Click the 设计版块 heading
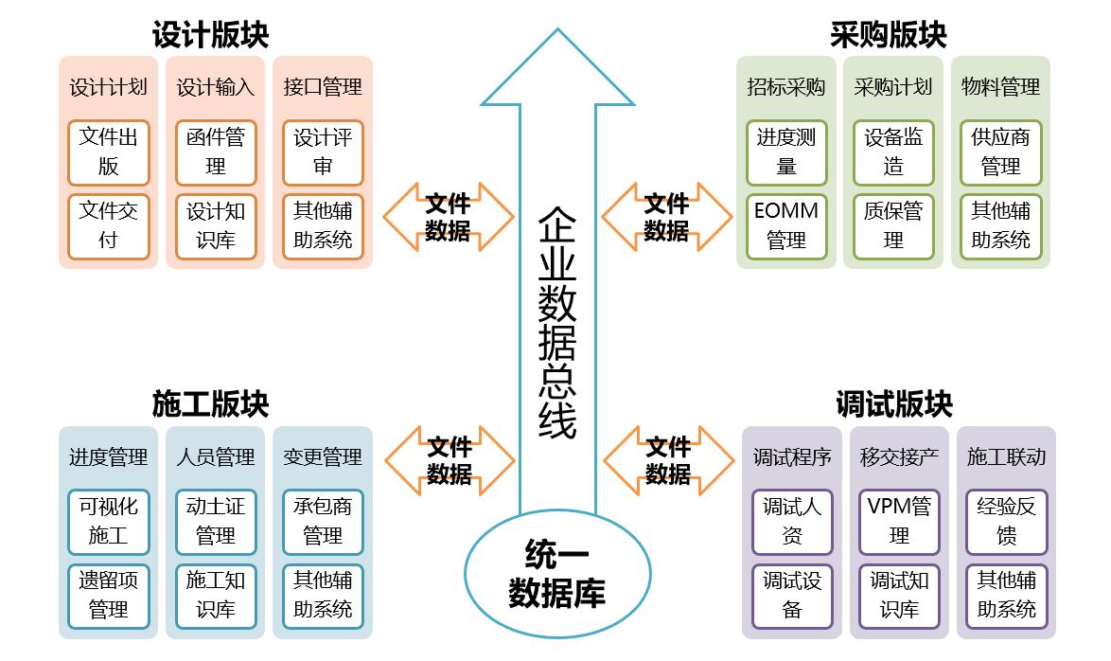pos(210,35)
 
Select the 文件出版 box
pos(109,152)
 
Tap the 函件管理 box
pos(216,152)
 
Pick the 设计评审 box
pos(323,152)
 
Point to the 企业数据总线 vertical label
pos(557,322)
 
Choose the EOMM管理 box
pos(786,225)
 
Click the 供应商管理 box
pos(1000,152)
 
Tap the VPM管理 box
pos(899,521)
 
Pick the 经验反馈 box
pos(1006,521)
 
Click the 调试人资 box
pos(792,521)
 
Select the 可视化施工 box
pos(109,521)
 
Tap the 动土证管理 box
pos(216,521)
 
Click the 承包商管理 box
pos(323,521)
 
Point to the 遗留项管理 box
pos(109,595)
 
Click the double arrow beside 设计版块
pos(448,217)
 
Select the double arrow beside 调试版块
pos(668,460)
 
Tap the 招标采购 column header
pos(786,87)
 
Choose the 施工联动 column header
pos(1006,456)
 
